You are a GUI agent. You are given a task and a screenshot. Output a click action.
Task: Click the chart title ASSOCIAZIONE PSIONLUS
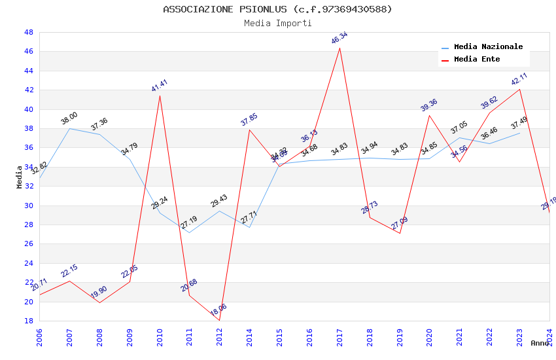[277, 9]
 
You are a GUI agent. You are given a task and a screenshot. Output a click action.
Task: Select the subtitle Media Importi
[277, 23]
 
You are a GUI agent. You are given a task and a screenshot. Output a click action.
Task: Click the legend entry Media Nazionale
[488, 46]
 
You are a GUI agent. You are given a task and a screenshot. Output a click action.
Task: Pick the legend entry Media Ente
[476, 59]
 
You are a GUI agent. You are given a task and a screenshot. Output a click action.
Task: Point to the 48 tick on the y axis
[28, 32]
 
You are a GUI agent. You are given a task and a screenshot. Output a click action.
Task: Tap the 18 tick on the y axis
[28, 321]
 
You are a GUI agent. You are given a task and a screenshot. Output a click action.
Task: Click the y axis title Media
[20, 177]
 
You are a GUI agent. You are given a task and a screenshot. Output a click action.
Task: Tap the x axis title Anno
[540, 343]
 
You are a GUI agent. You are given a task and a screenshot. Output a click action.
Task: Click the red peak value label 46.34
[339, 38]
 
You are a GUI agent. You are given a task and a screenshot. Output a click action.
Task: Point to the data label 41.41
[160, 85]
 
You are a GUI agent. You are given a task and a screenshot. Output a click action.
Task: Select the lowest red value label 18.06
[218, 310]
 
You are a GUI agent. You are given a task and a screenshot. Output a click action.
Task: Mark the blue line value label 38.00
[69, 118]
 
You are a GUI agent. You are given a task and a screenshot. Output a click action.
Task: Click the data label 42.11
[519, 79]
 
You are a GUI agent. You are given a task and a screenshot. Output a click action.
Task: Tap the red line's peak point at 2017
[339, 48]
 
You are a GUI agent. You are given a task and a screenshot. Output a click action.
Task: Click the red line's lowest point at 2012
[219, 321]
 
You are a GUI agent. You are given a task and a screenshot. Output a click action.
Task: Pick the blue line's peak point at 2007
[70, 128]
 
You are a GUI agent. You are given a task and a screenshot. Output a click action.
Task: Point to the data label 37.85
[249, 119]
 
